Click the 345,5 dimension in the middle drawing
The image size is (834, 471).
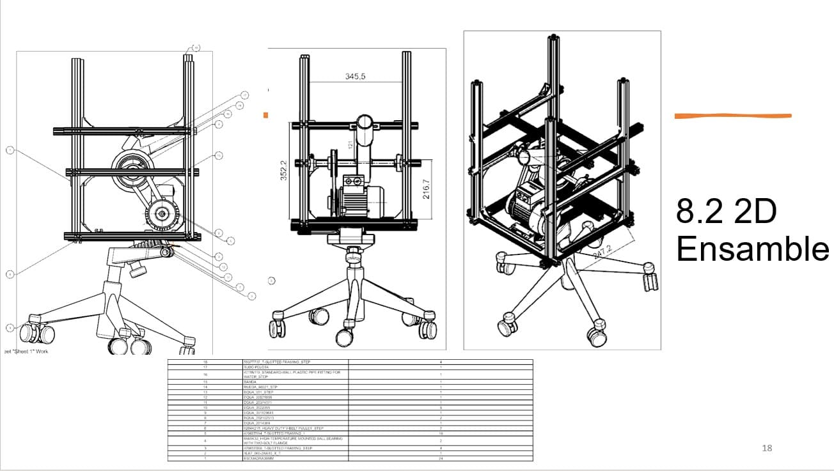point(356,76)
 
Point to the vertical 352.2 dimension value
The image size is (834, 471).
point(283,171)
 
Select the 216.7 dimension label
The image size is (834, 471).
point(426,189)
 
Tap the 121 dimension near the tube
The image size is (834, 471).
point(350,146)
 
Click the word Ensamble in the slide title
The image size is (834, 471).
point(753,249)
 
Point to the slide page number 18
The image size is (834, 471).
point(767,448)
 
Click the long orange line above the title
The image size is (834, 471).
point(733,116)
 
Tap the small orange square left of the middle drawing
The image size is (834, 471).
point(265,115)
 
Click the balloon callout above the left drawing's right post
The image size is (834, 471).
point(196,47)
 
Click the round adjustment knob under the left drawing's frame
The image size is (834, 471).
point(136,270)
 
